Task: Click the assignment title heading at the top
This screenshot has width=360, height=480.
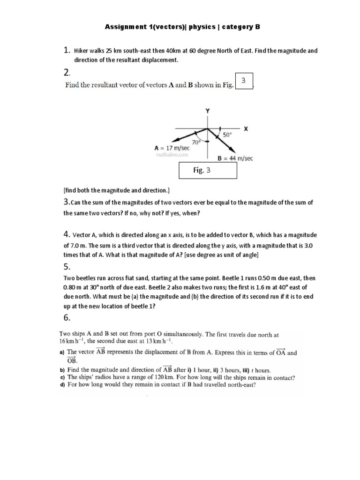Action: (182, 27)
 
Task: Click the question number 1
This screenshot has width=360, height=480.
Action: (66, 51)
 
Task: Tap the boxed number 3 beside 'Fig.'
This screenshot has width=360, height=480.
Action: (243, 81)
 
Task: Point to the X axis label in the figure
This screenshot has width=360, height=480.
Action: (245, 128)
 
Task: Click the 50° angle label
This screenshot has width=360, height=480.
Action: (228, 134)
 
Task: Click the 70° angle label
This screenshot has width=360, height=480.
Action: (195, 141)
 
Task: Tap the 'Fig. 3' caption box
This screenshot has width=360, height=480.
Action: (208, 171)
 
